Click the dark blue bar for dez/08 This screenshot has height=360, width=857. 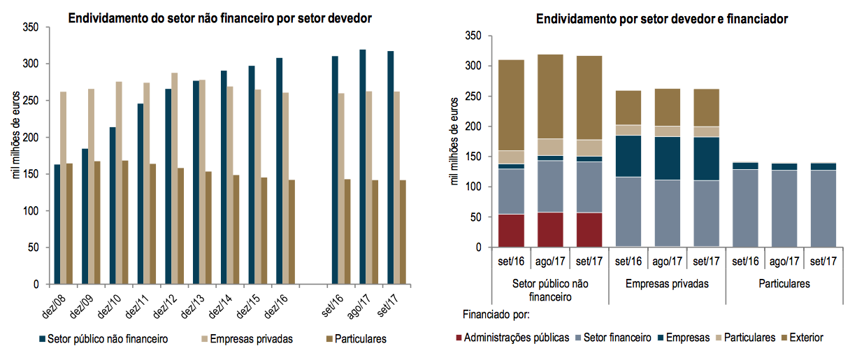tap(57, 224)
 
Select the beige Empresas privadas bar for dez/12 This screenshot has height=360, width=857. tap(175, 178)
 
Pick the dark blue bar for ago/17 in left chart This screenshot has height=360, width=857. tap(362, 167)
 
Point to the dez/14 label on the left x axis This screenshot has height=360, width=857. tap(224, 303)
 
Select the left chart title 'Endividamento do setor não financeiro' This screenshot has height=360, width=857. tap(219, 18)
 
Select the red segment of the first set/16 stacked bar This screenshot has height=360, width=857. tap(512, 230)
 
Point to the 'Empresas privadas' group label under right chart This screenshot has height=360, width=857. tap(667, 285)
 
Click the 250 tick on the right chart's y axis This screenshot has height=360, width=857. tap(474, 96)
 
